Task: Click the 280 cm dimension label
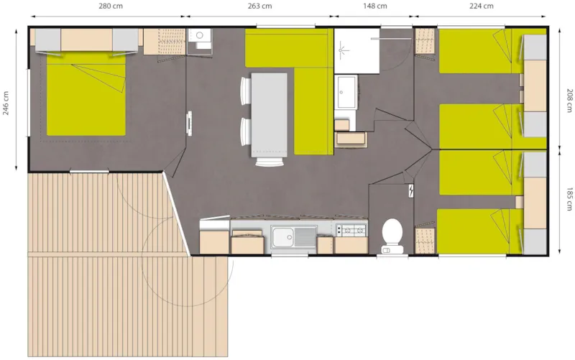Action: [x=111, y=6]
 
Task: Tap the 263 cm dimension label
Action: [x=259, y=6]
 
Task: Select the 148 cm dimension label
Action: [x=375, y=6]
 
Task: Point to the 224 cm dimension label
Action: [x=481, y=6]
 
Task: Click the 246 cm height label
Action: [x=6, y=103]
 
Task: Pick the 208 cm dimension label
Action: [x=569, y=100]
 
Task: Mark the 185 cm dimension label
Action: [x=569, y=199]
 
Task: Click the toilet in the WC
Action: [x=392, y=236]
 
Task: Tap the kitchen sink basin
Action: [x=282, y=236]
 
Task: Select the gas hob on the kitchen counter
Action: [x=351, y=230]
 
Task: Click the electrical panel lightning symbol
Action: [x=411, y=190]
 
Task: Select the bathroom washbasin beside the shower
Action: [x=346, y=92]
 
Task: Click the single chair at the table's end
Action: [x=270, y=161]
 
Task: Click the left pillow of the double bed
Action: [x=48, y=40]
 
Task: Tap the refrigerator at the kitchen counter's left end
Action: [x=214, y=237]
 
